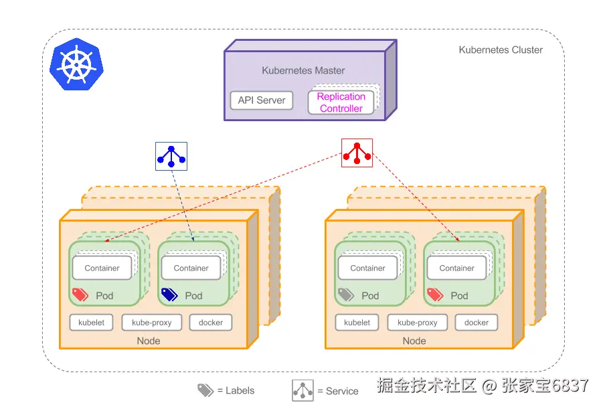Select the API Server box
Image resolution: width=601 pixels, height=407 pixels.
click(x=262, y=100)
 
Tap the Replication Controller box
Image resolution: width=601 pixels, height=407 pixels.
click(x=341, y=102)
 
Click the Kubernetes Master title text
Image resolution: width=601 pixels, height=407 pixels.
click(x=303, y=70)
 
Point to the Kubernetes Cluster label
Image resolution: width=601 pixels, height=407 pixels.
click(x=501, y=50)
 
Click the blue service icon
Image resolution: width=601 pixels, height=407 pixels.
click(x=171, y=156)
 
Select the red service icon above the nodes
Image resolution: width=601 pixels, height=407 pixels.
click(x=357, y=153)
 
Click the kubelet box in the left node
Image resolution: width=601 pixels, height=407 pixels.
click(x=91, y=323)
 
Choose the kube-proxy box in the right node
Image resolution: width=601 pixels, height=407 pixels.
click(x=418, y=323)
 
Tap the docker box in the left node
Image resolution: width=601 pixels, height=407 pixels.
click(x=211, y=323)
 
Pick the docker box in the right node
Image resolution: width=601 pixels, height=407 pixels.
click(x=477, y=323)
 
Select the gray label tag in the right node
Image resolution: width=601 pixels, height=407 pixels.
click(x=346, y=295)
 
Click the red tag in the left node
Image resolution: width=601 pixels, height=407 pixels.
click(x=80, y=295)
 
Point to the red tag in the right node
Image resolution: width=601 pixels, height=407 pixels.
click(x=435, y=295)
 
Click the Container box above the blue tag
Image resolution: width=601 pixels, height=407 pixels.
click(x=191, y=268)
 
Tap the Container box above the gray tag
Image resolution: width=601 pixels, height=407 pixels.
click(x=368, y=268)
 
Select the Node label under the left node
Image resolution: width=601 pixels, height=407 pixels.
click(x=149, y=341)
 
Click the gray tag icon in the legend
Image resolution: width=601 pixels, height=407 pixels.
click(x=205, y=390)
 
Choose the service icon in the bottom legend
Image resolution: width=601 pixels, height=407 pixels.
click(x=303, y=390)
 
